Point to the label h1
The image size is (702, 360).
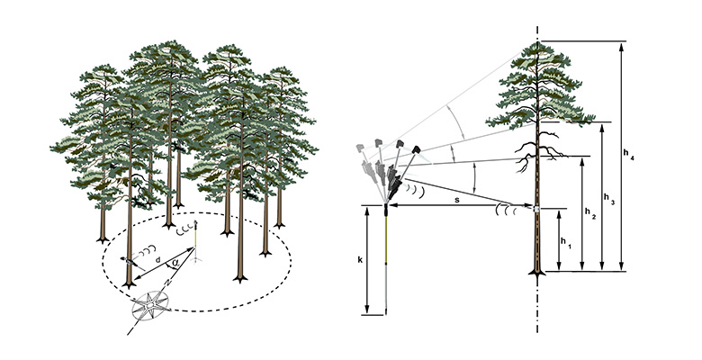tap(565, 241)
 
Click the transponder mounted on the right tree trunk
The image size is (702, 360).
tap(536, 209)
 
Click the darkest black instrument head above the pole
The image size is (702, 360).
tap(417, 147)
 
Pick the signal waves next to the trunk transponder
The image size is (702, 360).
tap(505, 211)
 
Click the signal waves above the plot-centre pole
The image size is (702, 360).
tap(185, 229)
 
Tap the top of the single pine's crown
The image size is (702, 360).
tap(537, 45)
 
